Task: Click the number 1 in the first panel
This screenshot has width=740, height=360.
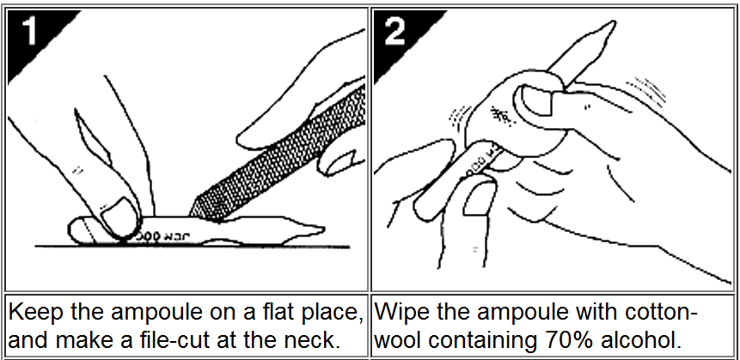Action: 29,31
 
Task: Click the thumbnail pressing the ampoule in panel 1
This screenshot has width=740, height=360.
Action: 118,215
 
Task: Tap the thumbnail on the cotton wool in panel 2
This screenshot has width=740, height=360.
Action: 535,100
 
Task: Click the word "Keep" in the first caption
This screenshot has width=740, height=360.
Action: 36,313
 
